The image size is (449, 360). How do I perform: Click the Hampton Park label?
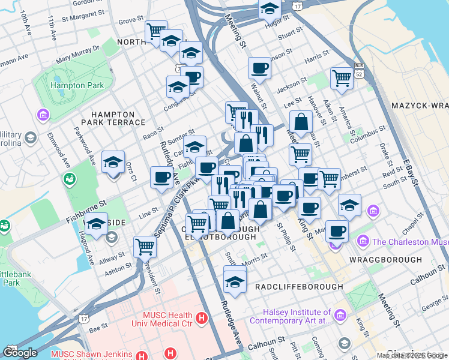point(77,85)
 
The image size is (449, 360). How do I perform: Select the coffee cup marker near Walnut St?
point(259,68)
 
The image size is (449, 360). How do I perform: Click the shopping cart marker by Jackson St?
point(341,77)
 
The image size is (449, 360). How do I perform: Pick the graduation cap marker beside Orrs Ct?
point(113,163)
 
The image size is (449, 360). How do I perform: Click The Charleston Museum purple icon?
point(363,242)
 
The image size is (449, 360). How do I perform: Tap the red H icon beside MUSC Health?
point(202,317)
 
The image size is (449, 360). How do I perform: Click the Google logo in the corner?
point(20,352)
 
